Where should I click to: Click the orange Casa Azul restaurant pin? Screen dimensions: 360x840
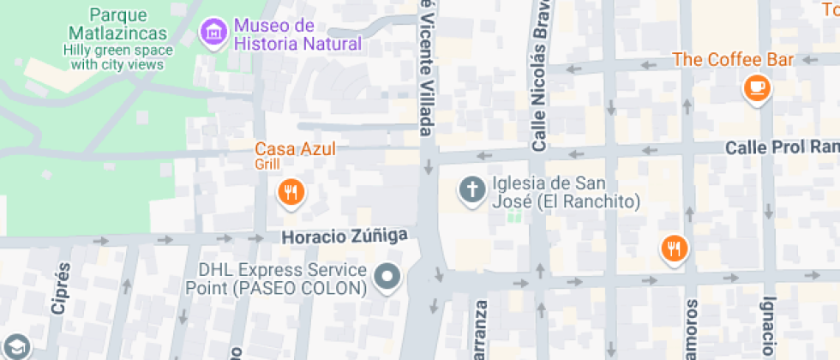(x=291, y=192)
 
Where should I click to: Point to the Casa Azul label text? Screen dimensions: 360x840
(x=294, y=148)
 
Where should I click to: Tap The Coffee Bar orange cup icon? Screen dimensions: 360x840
(x=757, y=87)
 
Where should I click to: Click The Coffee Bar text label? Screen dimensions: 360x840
(x=733, y=59)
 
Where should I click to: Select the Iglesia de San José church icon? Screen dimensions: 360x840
(x=471, y=189)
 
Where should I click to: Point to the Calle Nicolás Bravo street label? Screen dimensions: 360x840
(x=540, y=86)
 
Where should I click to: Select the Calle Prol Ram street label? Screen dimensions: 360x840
(x=781, y=147)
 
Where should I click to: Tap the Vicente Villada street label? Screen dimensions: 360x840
(x=425, y=69)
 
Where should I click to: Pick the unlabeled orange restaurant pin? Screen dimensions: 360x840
(x=675, y=249)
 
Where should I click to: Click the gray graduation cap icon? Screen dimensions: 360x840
(x=15, y=347)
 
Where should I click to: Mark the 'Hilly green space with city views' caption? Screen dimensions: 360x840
(x=117, y=57)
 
